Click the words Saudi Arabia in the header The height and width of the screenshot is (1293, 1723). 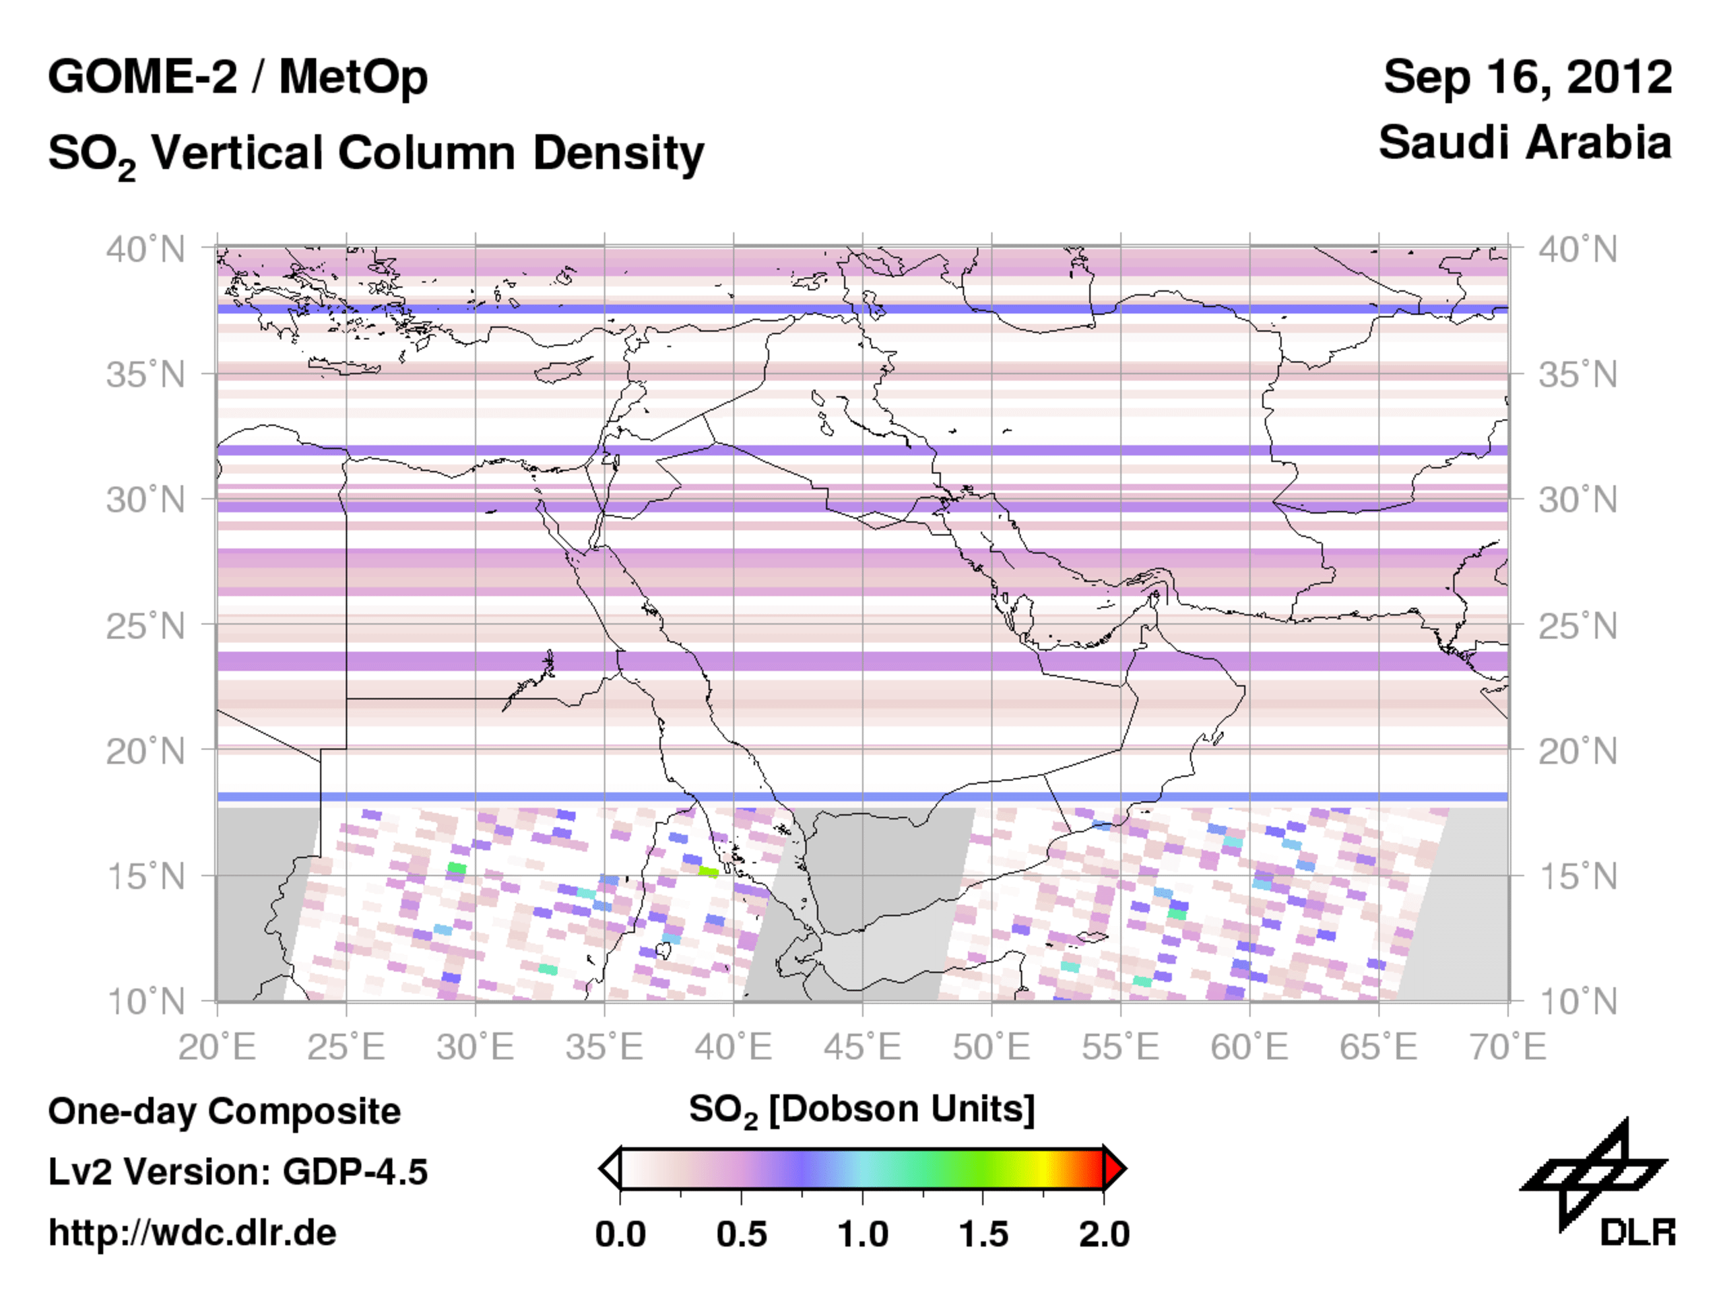point(1524,143)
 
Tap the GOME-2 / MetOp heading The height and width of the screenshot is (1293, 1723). point(238,77)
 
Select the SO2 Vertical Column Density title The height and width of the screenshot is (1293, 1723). point(375,153)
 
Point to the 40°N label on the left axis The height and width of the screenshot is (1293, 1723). point(145,250)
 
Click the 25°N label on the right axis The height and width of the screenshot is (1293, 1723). point(1578,626)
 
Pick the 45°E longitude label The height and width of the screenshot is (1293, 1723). point(861,1046)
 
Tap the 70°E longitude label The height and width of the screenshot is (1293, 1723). point(1507,1046)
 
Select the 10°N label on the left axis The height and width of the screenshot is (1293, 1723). point(145,1001)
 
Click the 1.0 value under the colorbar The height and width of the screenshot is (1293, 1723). point(862,1234)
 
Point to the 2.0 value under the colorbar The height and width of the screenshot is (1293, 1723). point(1104,1234)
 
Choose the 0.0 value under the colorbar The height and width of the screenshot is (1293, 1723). point(620,1234)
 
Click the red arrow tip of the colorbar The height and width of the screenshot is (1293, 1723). point(1115,1169)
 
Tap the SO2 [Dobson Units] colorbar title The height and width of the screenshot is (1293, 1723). point(861,1109)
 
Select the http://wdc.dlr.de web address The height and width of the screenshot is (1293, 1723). point(193,1233)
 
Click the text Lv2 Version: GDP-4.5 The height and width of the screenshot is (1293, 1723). point(238,1172)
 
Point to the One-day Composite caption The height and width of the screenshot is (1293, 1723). point(224,1110)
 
